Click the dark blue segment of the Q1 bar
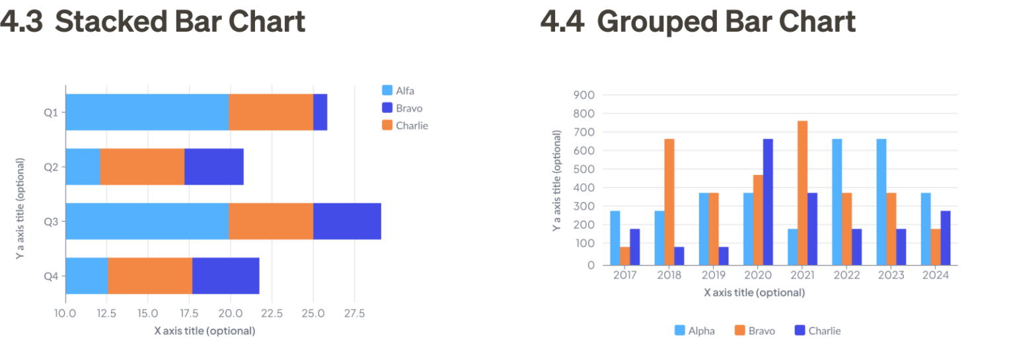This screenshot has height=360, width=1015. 320,112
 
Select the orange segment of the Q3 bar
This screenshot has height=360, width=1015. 271,221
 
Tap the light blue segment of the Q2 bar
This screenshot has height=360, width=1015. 83,166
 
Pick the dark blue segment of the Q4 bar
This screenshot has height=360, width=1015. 225,275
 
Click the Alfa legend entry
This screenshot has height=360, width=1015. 398,90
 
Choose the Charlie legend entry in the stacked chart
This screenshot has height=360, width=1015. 404,126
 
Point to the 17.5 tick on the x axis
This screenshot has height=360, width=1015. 189,313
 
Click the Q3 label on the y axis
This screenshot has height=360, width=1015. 51,222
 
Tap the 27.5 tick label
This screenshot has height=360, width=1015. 354,313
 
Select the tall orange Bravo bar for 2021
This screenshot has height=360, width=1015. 802,193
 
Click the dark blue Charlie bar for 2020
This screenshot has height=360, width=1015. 768,202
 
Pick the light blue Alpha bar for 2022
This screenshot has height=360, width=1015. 837,202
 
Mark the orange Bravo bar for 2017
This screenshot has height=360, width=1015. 625,256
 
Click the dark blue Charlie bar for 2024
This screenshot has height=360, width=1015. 946,238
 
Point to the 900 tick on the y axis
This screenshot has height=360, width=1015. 583,95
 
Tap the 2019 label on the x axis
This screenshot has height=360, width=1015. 714,275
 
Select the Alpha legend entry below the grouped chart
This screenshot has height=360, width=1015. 695,330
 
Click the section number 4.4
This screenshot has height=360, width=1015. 562,21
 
